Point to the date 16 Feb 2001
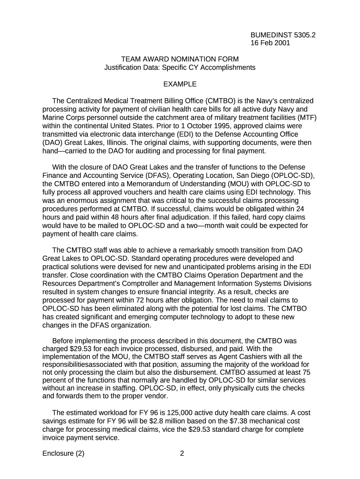point(270,43)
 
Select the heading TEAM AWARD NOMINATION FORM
point(180,59)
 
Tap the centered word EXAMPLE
point(180,84)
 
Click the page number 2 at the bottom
point(182,453)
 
